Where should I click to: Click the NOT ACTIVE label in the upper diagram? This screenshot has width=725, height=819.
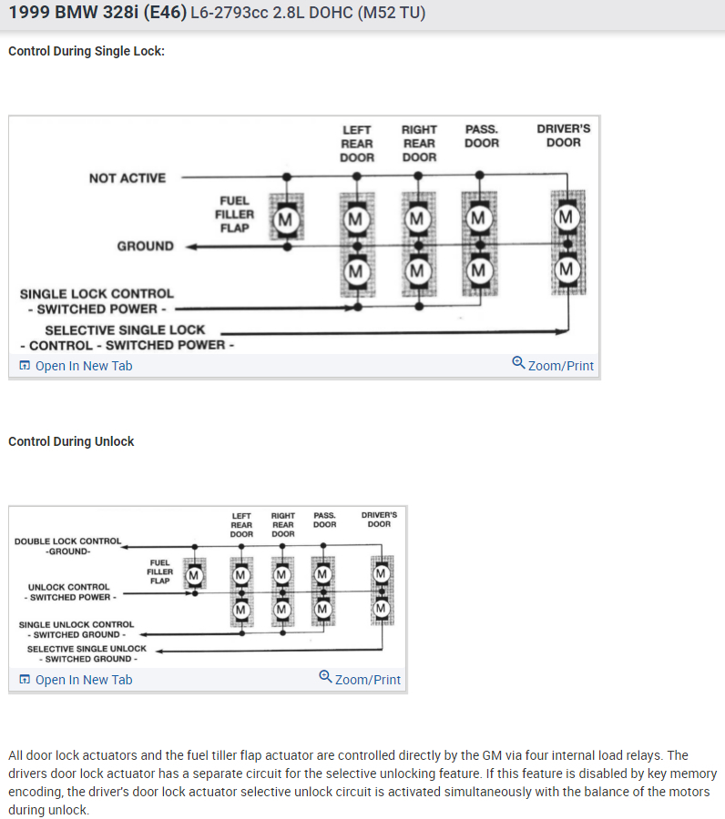128,178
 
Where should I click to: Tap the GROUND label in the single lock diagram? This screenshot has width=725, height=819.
145,247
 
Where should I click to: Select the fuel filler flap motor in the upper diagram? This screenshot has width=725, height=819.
286,219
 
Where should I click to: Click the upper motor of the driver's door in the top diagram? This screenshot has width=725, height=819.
567,217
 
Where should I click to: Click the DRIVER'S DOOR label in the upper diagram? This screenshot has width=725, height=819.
563,136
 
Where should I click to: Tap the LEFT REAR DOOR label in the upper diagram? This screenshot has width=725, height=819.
356,143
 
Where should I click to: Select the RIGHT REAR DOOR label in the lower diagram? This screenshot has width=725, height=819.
282,524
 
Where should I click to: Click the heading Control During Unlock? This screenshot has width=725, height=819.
71,441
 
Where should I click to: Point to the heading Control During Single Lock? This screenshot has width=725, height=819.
87,51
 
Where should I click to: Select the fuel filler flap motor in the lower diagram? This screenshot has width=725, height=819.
194,574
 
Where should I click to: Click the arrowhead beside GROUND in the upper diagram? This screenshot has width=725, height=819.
192,247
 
